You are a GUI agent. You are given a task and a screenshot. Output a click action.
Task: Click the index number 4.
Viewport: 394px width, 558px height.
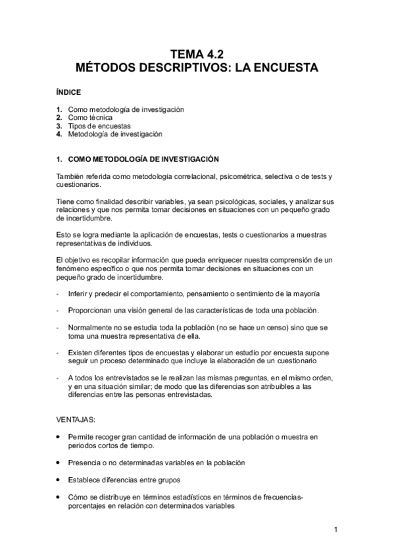coord(59,134)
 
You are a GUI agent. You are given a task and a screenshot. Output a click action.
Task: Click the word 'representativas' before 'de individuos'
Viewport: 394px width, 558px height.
coord(82,242)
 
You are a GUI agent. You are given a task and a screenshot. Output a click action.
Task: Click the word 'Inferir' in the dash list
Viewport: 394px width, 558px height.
coord(78,292)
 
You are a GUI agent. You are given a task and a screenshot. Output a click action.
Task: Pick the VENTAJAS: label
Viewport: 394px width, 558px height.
coord(77,419)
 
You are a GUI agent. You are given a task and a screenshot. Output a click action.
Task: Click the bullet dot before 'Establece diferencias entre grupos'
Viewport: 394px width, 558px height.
coord(60,479)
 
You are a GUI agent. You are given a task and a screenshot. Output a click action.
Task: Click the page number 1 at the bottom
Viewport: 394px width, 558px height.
coord(335,529)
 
